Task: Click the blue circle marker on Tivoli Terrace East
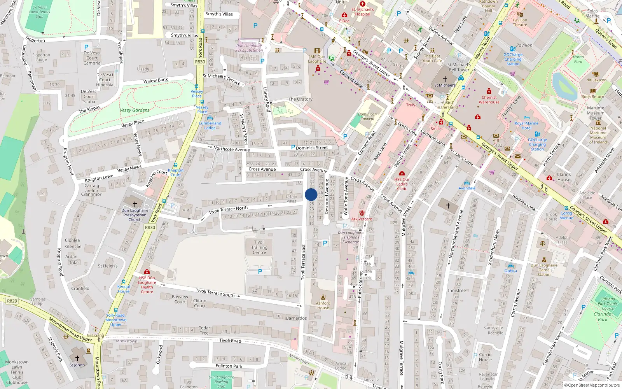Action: [311, 194]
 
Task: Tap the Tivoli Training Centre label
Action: [259, 247]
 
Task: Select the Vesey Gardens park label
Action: [134, 110]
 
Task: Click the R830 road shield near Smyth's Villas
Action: [200, 62]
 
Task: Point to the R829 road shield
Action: [12, 301]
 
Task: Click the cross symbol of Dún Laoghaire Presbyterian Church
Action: [135, 204]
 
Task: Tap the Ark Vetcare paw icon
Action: [362, 213]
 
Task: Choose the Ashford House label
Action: [323, 305]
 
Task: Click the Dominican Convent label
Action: [367, 117]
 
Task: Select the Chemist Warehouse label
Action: [489, 100]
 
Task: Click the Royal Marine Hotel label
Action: [526, 126]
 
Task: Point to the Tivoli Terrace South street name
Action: [215, 293]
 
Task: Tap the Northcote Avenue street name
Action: [231, 149]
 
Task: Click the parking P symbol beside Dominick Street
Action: [293, 147]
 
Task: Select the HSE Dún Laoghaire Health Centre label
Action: [147, 285]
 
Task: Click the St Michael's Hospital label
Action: [362, 12]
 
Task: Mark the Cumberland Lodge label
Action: [210, 125]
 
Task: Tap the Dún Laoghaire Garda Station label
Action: [544, 270]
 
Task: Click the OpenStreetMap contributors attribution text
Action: [594, 385]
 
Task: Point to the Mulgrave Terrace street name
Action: [402, 358]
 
